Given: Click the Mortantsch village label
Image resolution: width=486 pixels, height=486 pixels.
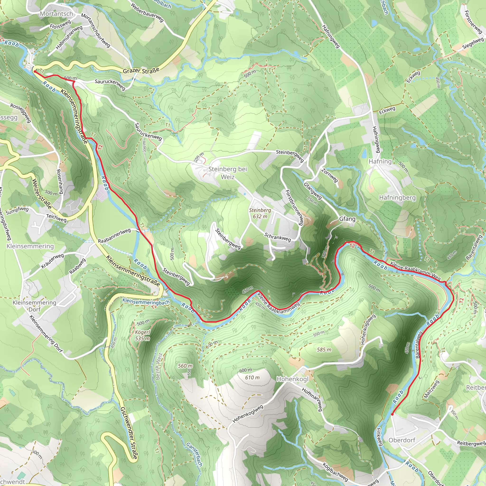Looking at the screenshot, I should click(x=56, y=14).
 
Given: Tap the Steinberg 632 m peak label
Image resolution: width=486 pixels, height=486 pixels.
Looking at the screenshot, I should click(x=260, y=213).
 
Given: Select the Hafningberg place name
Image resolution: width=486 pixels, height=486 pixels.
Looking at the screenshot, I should click(x=397, y=198).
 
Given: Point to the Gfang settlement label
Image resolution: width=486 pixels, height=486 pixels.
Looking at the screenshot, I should click(x=347, y=219).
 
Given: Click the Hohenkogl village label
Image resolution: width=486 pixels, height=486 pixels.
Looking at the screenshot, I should click(x=292, y=379).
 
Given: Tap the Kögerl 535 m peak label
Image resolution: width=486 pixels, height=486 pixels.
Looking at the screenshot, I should click(x=142, y=335).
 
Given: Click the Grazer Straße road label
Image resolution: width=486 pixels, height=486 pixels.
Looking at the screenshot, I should click(x=141, y=70).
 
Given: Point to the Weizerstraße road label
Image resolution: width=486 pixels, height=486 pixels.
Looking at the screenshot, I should click(x=42, y=194).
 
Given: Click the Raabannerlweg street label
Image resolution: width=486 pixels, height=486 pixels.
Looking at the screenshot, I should click(x=114, y=236).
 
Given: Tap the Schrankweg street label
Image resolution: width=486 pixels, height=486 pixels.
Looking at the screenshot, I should click(x=277, y=237).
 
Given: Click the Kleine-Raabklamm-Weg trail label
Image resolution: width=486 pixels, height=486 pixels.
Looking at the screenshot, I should click(x=415, y=271).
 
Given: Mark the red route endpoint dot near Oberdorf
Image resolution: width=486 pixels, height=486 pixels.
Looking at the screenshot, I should click(x=392, y=414).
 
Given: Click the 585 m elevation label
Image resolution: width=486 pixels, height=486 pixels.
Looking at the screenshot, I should click(x=324, y=350).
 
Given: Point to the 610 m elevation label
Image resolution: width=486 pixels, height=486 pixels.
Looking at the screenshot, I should click(x=252, y=378).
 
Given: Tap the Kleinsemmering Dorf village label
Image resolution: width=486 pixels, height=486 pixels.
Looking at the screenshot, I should click(x=34, y=306).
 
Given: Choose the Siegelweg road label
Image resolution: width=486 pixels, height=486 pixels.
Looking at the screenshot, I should click(x=473, y=43).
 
